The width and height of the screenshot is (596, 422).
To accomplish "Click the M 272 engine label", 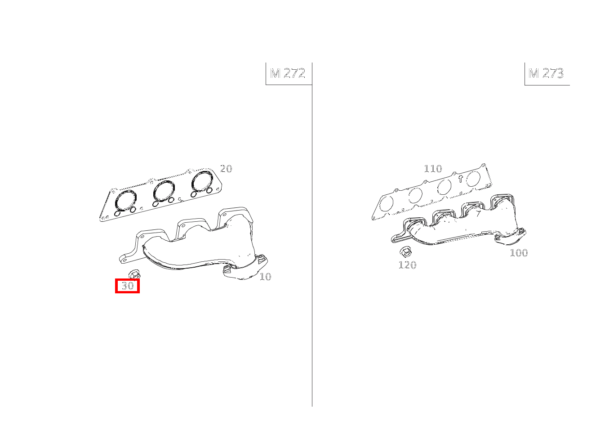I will (x=288, y=73).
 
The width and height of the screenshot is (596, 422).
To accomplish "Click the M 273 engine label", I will (x=546, y=73).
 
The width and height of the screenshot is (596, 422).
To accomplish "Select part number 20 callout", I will (x=226, y=169).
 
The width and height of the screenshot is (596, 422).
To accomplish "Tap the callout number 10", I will (x=265, y=277).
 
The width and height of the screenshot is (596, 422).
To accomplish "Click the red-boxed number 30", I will (x=128, y=286).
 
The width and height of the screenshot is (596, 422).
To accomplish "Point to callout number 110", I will (x=433, y=169).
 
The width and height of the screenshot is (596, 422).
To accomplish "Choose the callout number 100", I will (x=518, y=253).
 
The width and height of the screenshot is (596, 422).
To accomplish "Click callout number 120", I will (x=407, y=265).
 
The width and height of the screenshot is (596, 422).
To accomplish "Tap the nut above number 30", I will (x=134, y=273).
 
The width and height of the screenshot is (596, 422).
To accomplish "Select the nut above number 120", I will (x=405, y=251).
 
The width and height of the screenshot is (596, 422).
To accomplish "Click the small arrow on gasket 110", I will (x=460, y=179).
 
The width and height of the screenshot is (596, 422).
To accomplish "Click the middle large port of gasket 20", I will (x=164, y=190).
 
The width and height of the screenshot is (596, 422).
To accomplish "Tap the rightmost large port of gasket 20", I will (x=202, y=181).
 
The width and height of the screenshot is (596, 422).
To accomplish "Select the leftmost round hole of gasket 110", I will (x=386, y=204).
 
